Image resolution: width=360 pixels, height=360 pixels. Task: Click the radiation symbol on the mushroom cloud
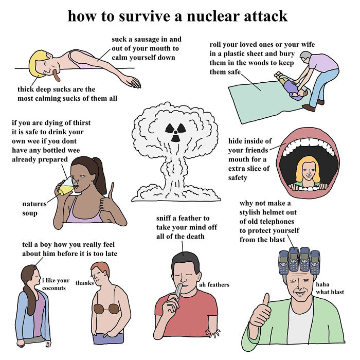coord(175,132)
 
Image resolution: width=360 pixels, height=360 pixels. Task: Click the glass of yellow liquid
coord(67,187)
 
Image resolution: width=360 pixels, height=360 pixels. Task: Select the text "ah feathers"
coord(213,284)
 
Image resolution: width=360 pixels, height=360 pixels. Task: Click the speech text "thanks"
coord(84,283)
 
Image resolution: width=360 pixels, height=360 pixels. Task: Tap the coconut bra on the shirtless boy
coord(107,309)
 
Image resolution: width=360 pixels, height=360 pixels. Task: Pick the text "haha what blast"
coord(329,288)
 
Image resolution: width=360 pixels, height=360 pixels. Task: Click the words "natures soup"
coord(34,208)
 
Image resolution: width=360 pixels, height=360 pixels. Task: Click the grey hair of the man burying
coord(306,55)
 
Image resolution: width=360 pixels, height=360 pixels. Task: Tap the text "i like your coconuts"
coord(57,284)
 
